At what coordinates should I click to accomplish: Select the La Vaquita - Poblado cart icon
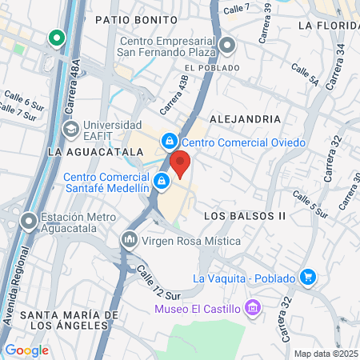[309, 278]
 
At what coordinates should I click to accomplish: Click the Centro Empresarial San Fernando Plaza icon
[228, 45]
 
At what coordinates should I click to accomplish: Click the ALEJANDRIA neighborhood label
[244, 118]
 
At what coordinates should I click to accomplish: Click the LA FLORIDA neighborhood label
[326, 25]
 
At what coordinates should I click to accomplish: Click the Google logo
[26, 350]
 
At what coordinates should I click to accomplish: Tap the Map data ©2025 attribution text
[326, 353]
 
